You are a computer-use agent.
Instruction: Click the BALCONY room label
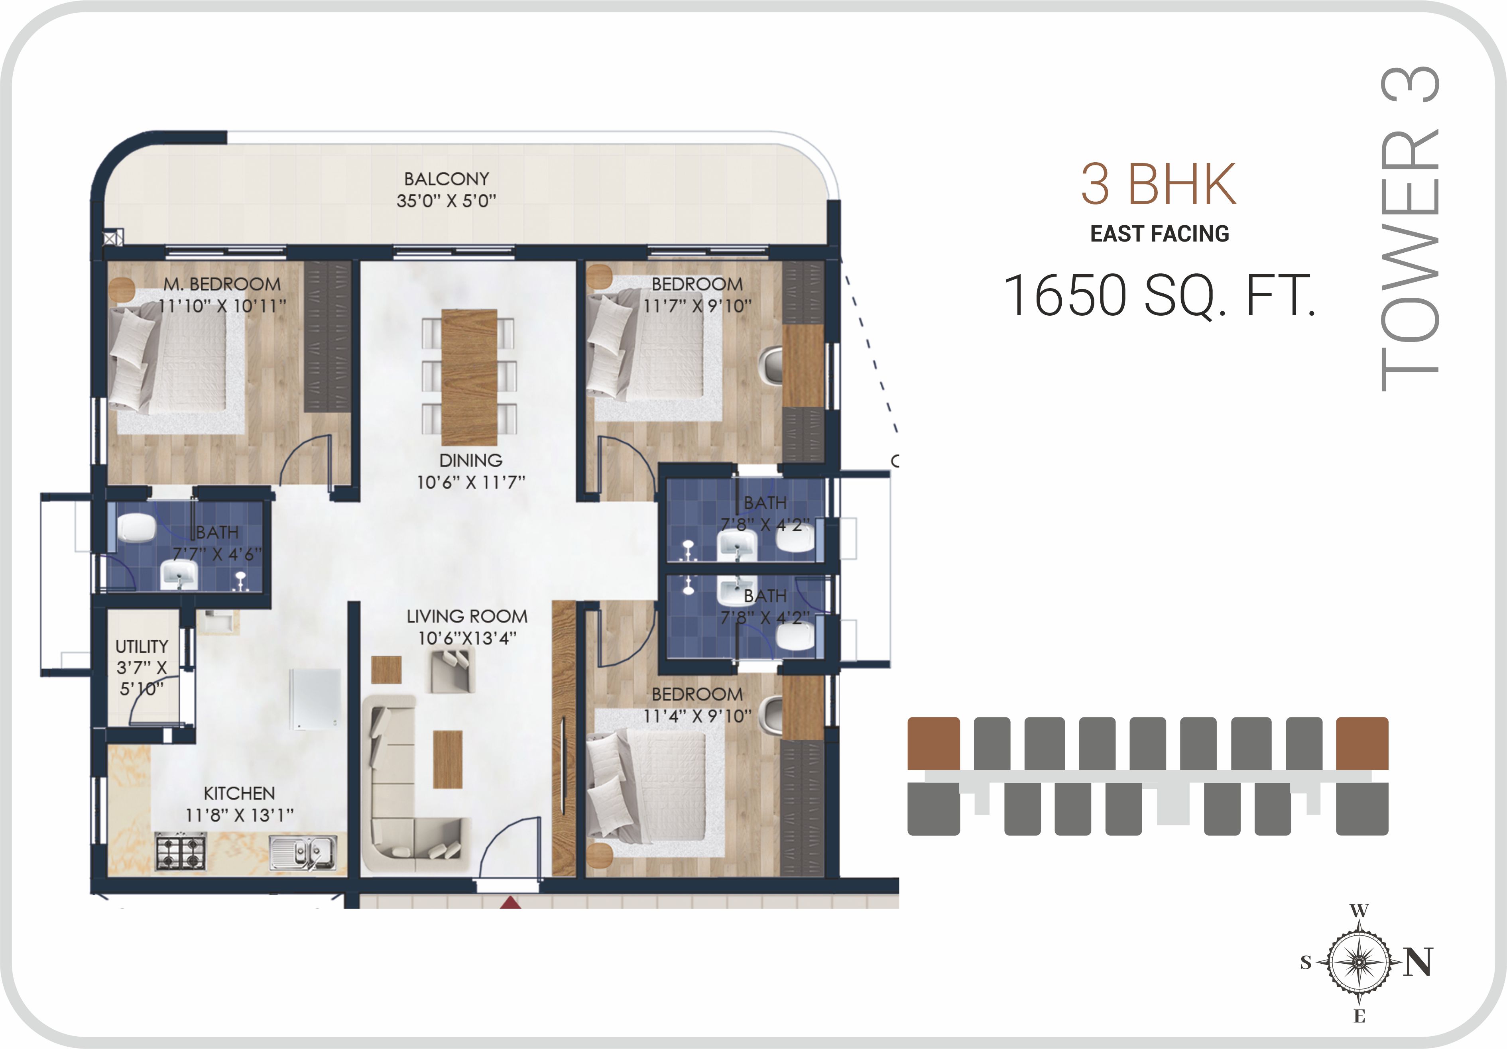(x=447, y=179)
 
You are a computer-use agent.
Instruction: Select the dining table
(x=469, y=377)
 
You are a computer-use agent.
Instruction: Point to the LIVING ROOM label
(x=467, y=617)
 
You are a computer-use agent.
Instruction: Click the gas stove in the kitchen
(x=181, y=852)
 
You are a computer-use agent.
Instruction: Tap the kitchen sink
(x=303, y=853)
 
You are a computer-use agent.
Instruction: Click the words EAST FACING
(x=1160, y=234)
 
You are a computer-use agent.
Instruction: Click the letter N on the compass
(x=1418, y=963)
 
